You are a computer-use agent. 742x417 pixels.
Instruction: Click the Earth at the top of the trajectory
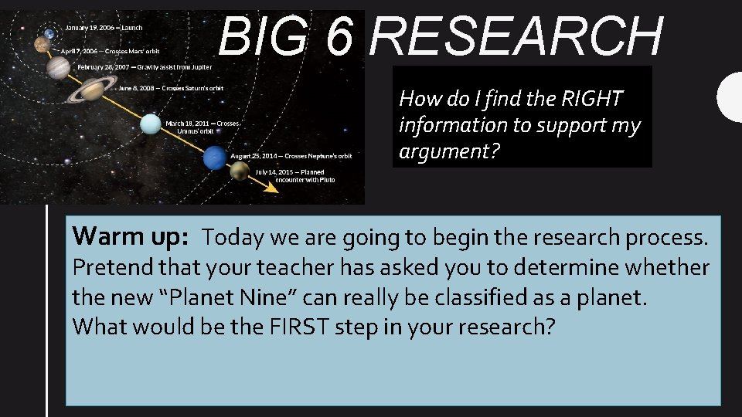(49, 33)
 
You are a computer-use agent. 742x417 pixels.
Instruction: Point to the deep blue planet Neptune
(213, 159)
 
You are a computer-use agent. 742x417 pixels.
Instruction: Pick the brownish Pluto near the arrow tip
(240, 171)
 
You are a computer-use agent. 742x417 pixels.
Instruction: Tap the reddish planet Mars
(42, 46)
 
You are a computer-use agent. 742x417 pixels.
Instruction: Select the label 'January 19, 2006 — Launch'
(104, 27)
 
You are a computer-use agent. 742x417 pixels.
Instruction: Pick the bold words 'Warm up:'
(130, 236)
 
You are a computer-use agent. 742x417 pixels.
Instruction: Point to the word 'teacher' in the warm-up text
(293, 267)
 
